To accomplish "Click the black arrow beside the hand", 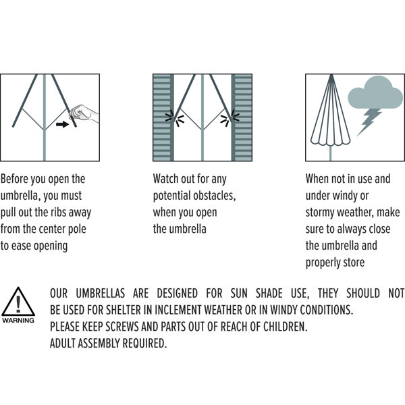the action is point(62,124).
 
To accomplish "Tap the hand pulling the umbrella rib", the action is point(84,113).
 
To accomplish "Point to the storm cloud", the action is point(375,92).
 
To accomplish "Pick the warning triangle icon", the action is point(18,302).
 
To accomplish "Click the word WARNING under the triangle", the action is point(18,320).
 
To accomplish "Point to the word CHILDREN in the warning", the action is point(286,327).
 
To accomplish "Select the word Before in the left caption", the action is point(14,179).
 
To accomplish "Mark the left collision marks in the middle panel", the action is point(175,118).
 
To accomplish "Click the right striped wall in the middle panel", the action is point(242,117).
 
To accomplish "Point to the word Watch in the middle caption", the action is point(165,179).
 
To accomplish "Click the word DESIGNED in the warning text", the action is point(177,294).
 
